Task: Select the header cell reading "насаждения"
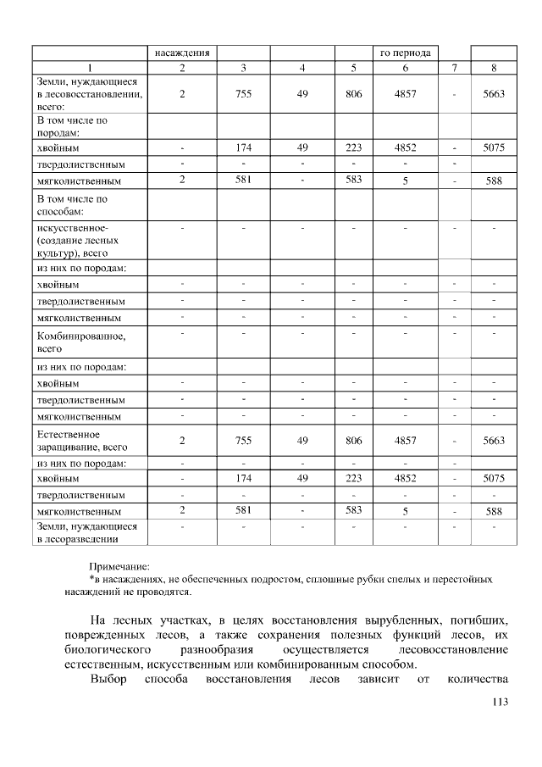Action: click(x=181, y=53)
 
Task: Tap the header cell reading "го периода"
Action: click(x=408, y=53)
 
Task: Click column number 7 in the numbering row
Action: click(x=455, y=67)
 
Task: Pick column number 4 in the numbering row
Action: click(x=302, y=67)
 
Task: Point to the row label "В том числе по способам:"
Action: click(x=72, y=205)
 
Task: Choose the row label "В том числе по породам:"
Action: click(x=72, y=126)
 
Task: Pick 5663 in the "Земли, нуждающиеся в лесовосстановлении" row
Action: click(x=493, y=94)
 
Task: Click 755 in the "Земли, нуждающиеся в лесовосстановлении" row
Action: click(x=243, y=94)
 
